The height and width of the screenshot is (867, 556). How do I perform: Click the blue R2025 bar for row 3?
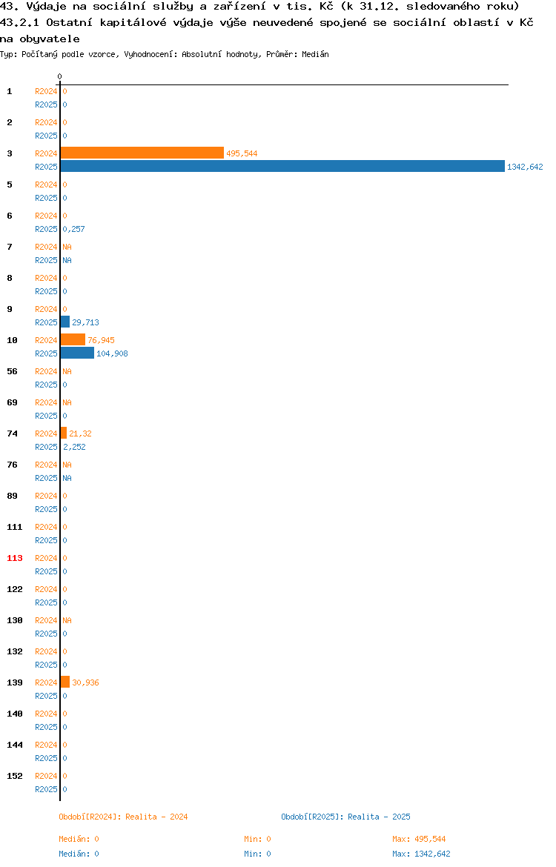pos(282,167)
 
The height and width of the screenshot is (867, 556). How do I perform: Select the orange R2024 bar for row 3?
pos(142,153)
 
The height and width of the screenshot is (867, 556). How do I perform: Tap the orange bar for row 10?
pos(73,340)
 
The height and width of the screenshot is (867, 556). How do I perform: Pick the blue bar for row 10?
pos(77,353)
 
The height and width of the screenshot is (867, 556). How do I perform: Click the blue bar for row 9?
pos(65,322)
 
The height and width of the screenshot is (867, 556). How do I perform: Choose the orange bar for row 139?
pos(65,682)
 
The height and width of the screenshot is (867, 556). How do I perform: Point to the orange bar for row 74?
pos(64,433)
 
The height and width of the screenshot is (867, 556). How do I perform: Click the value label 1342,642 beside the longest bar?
pos(525,167)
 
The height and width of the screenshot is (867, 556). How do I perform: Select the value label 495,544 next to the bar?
pos(242,153)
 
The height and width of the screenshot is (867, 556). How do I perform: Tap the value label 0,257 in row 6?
pos(73,229)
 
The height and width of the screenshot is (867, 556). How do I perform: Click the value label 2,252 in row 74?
pos(74,447)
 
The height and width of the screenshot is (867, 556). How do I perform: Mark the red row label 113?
pos(15,558)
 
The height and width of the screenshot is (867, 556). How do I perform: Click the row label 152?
pos(15,776)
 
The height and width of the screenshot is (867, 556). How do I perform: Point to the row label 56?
pos(12,371)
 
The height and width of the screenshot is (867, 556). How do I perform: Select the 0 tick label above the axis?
pos(60,77)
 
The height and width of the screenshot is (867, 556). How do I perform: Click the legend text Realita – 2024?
pos(156,817)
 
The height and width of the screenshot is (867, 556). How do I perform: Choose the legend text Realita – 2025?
pos(379,817)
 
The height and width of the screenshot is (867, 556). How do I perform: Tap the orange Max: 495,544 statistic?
pos(419,839)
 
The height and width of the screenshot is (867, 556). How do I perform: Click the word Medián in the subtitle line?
pos(315,54)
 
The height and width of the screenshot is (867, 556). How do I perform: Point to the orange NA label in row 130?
pos(67,620)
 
